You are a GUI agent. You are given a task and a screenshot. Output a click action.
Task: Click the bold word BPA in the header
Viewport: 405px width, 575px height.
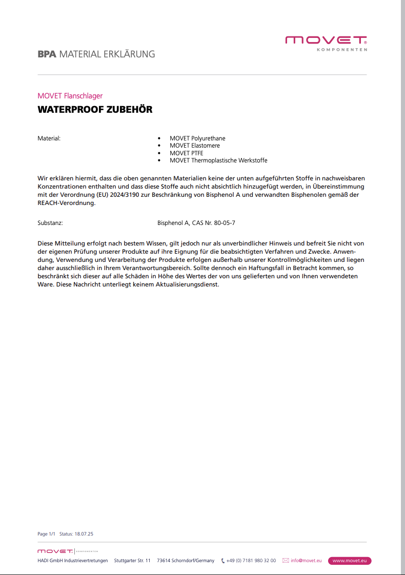point(47,54)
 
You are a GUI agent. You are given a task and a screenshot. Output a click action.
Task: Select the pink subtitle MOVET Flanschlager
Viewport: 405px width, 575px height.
point(70,96)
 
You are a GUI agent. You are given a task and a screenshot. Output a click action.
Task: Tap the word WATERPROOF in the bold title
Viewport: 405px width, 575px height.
point(70,110)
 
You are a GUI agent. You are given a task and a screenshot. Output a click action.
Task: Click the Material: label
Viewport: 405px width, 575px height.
point(49,138)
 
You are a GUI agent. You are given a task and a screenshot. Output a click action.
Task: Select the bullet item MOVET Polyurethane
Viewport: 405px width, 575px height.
point(197,138)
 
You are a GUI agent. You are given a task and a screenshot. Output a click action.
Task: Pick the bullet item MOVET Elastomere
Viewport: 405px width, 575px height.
point(195,146)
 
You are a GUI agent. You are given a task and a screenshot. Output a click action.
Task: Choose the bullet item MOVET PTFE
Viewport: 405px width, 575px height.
point(187,153)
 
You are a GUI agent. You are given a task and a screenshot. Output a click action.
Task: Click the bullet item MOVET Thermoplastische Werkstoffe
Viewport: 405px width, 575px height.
point(218,160)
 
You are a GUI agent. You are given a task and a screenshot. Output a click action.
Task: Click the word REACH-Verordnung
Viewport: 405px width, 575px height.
point(67,202)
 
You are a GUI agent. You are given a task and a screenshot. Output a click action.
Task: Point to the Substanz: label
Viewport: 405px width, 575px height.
point(50,223)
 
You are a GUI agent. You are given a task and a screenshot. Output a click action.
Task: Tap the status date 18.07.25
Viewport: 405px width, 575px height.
point(84,534)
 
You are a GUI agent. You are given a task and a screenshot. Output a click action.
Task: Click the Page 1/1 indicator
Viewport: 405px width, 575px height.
point(46,534)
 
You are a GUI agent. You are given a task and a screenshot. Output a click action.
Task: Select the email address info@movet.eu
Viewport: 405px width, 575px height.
point(306,561)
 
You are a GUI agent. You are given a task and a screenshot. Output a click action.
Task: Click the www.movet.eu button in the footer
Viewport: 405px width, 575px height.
point(350,561)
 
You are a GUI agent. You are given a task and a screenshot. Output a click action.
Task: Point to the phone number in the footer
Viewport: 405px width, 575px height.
point(251,561)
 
